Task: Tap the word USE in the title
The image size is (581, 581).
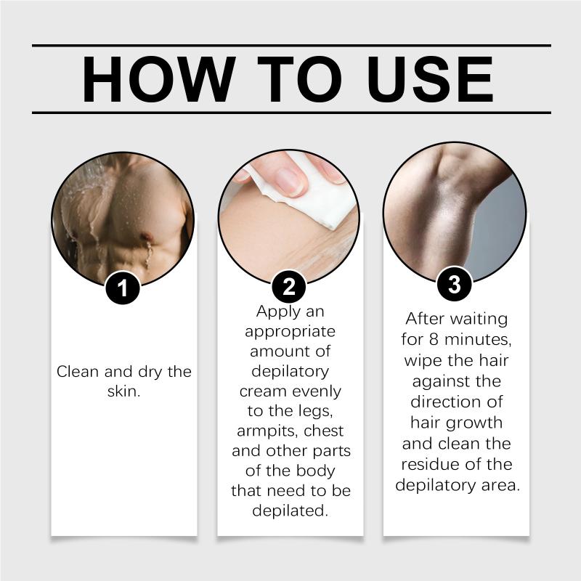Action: point(430,79)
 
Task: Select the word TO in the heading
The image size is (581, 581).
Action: point(299,79)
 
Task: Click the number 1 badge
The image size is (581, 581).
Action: point(122,288)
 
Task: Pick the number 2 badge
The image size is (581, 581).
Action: point(289,286)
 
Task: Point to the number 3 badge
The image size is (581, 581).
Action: point(455,284)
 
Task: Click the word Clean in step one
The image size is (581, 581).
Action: point(78,371)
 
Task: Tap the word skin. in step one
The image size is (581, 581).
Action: point(123,391)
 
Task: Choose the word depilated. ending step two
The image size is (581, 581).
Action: point(290,511)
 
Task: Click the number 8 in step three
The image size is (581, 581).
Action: point(434,339)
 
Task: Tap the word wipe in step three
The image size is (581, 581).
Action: point(423,361)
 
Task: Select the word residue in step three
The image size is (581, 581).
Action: point(428,464)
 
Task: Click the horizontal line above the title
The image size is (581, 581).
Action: point(292,46)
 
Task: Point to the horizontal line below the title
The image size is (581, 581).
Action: point(292,113)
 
